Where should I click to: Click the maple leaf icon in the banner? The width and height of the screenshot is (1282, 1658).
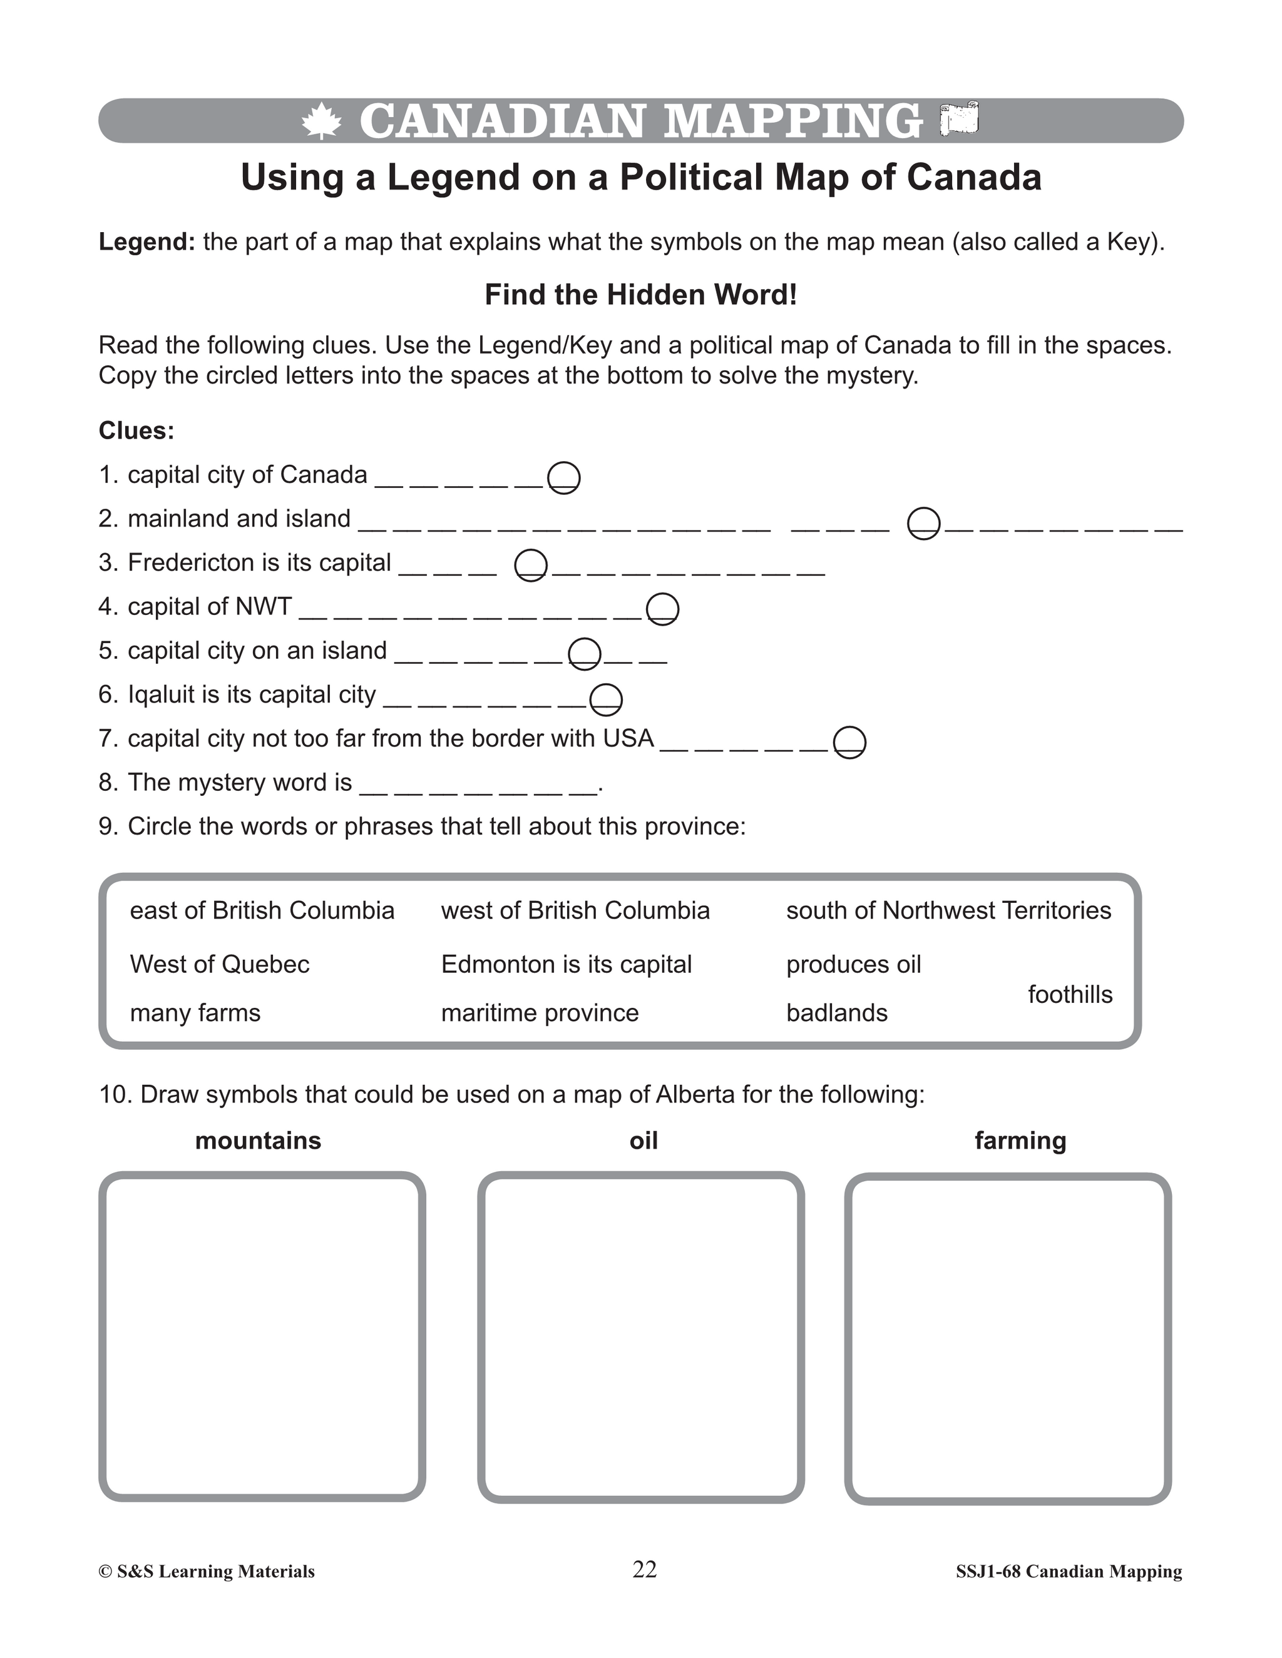tap(321, 121)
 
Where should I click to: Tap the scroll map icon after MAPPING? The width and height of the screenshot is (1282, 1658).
tap(959, 120)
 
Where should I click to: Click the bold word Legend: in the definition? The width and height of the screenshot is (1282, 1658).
tap(146, 242)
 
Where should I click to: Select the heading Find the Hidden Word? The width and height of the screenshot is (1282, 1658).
tap(640, 295)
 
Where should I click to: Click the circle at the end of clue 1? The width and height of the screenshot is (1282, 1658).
tap(563, 477)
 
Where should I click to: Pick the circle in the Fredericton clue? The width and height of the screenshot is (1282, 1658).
tap(530, 566)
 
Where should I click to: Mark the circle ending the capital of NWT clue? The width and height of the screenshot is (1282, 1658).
tap(662, 609)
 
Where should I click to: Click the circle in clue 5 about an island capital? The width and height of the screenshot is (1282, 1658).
tap(585, 654)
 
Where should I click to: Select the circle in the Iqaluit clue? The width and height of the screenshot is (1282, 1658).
tap(606, 699)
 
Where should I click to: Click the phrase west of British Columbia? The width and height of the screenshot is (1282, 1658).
tap(575, 910)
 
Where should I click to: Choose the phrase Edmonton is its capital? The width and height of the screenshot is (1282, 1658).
tap(566, 964)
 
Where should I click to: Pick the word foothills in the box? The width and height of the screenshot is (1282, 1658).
tap(1069, 995)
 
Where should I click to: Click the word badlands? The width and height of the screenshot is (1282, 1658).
tap(836, 1013)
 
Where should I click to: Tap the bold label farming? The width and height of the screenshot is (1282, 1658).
tap(1020, 1140)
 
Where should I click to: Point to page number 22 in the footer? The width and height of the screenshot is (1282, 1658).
tap(644, 1569)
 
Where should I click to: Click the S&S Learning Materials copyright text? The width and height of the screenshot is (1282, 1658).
tap(207, 1572)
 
